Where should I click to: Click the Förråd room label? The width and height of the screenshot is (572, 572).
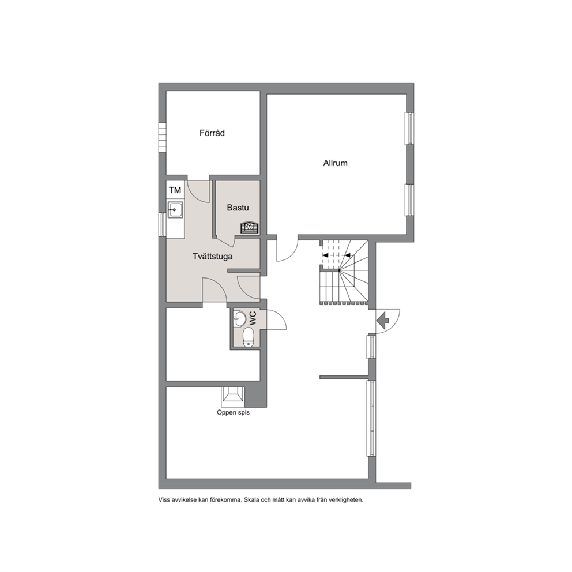pos(212,133)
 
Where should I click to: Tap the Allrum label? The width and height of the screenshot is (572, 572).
pos(335,163)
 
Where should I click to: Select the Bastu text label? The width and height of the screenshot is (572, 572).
pos(238,208)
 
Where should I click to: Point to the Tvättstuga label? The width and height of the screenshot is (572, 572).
pos(213,257)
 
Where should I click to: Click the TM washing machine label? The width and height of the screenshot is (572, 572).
pos(175,190)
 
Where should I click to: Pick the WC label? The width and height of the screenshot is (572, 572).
pos(253,318)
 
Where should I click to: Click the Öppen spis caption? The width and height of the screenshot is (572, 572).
pos(233,413)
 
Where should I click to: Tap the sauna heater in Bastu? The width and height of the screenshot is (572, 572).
pos(250,227)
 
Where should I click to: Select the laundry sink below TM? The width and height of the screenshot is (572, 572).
pos(175,210)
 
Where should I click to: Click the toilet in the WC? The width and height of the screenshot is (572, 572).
pos(249,336)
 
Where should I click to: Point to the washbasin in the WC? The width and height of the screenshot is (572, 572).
pos(239,319)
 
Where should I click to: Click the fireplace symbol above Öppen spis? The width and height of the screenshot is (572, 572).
pos(233,396)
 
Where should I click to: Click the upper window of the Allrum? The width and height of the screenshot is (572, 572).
pos(411,129)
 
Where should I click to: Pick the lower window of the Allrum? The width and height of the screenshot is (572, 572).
pos(411,200)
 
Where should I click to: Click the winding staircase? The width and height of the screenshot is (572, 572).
pos(344,272)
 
